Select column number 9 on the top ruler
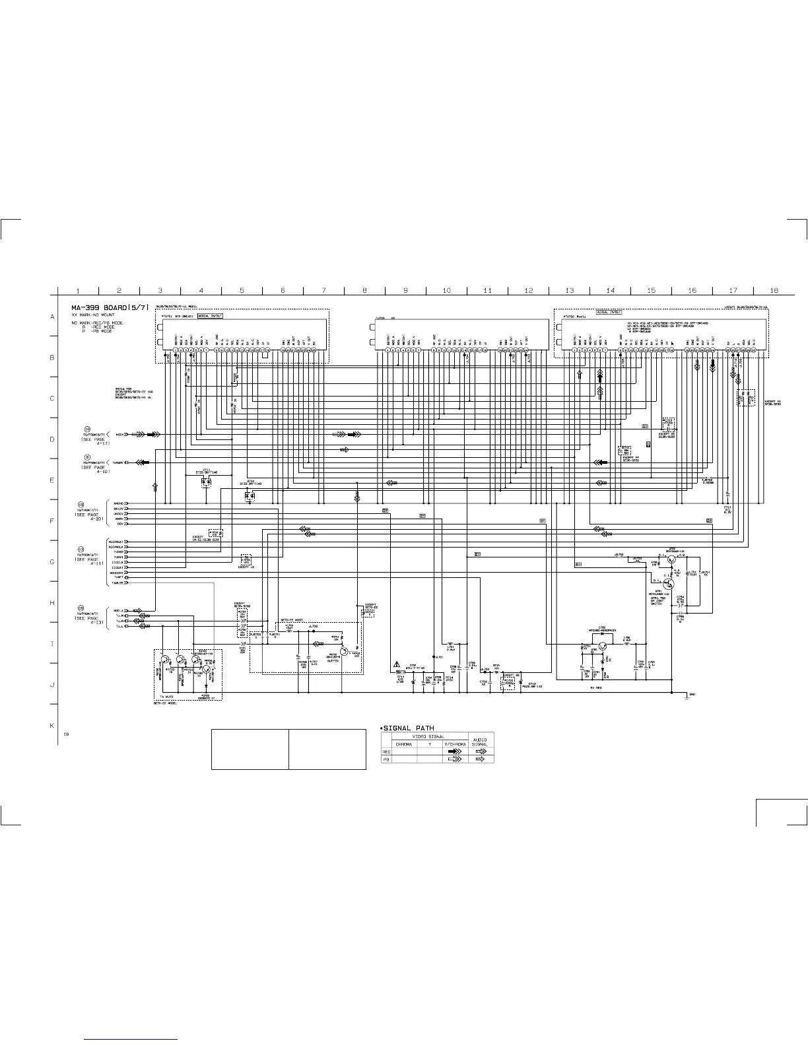405,290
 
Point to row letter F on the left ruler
52,521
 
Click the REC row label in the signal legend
387,751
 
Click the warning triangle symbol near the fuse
397,664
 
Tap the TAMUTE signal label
118,583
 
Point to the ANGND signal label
119,503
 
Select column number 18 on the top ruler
774,290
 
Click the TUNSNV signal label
119,462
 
